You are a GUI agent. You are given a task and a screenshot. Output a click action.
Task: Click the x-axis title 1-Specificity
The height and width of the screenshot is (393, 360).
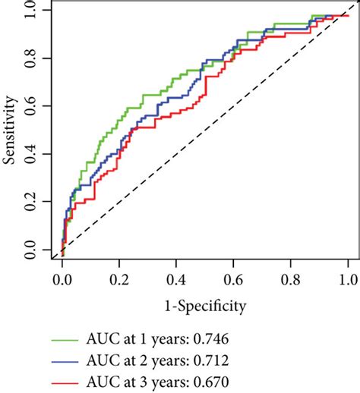204,307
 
